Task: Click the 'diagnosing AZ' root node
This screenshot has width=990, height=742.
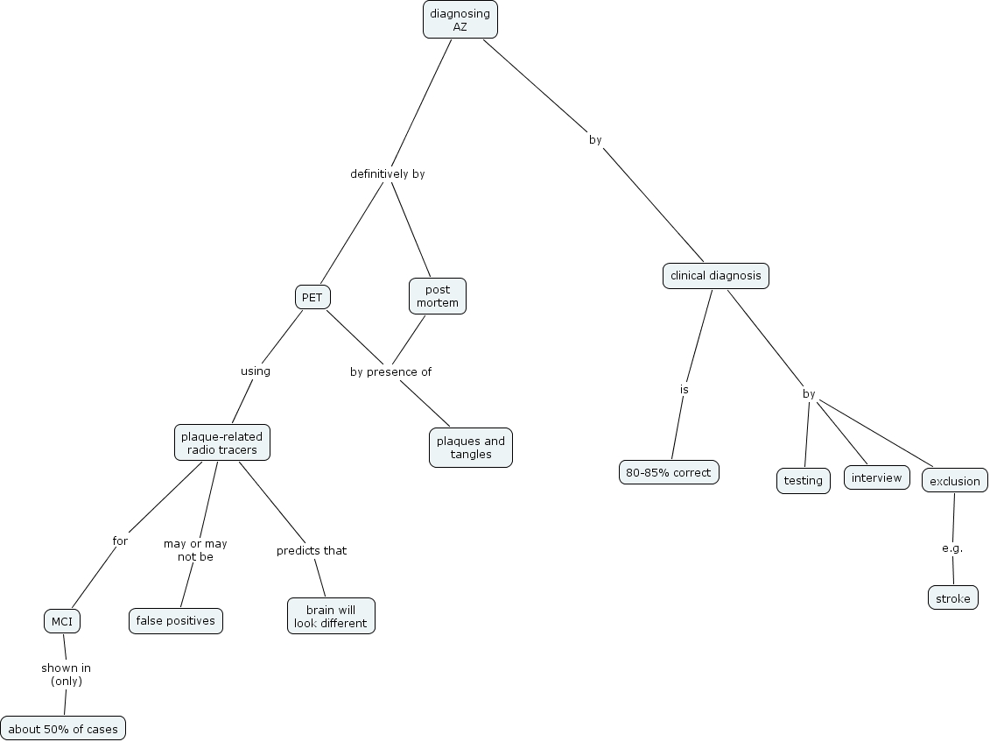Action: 460,19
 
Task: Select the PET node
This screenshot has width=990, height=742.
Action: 312,298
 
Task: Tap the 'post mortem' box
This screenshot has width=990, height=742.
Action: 438,296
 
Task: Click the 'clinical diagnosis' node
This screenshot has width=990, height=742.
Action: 715,276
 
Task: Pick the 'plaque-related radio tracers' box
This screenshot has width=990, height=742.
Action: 222,443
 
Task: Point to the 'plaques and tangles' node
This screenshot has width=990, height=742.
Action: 471,448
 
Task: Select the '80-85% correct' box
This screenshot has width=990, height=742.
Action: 669,472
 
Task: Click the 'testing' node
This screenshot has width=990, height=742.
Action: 803,481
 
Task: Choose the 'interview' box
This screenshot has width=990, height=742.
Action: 876,477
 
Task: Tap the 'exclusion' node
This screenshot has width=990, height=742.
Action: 954,481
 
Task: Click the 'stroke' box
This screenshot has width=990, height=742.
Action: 952,598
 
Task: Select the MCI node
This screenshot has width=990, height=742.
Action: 62,622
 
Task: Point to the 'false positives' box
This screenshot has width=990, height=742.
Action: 176,621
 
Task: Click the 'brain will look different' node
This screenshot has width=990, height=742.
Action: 331,617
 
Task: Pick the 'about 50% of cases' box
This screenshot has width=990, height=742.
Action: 63,729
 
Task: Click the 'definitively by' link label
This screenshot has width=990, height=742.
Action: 387,174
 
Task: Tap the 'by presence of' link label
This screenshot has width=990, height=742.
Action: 390,371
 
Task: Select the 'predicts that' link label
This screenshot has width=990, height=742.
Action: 312,551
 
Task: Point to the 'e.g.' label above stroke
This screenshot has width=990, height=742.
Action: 952,548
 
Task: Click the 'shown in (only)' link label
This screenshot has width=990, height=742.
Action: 66,674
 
